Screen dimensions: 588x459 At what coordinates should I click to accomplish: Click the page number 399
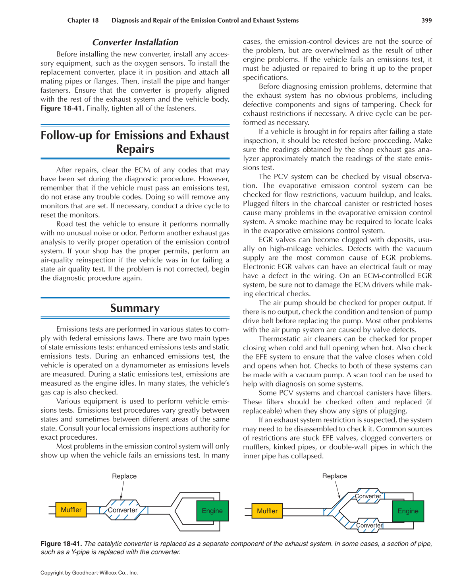[x=426, y=20]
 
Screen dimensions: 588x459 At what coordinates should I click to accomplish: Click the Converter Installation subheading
[x=135, y=43]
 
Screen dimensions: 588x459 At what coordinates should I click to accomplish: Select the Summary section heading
[x=135, y=308]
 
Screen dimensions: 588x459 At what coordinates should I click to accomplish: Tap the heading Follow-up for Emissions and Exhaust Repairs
[x=135, y=142]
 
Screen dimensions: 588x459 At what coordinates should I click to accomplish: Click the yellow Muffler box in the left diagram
[x=71, y=510]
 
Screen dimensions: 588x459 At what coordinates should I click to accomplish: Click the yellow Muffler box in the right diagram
[x=267, y=511]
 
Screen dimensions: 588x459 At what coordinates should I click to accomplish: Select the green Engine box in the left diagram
[x=212, y=511]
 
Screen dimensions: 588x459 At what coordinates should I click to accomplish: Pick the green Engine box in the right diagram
[x=408, y=511]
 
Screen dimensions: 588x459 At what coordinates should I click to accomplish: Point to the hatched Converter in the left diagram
[x=123, y=510]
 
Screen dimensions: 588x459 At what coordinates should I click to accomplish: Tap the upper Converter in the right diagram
[x=368, y=496]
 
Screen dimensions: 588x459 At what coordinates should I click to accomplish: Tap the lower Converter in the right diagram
[x=369, y=525]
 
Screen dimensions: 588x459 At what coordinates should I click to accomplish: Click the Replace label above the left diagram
[x=124, y=476]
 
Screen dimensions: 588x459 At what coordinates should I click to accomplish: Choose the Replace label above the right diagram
[x=334, y=476]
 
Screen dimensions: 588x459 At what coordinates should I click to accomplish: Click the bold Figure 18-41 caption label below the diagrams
[x=61, y=543]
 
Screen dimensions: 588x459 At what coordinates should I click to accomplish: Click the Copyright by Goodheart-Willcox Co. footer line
[x=89, y=573]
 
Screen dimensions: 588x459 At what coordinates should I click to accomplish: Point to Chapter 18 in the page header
[x=83, y=20]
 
